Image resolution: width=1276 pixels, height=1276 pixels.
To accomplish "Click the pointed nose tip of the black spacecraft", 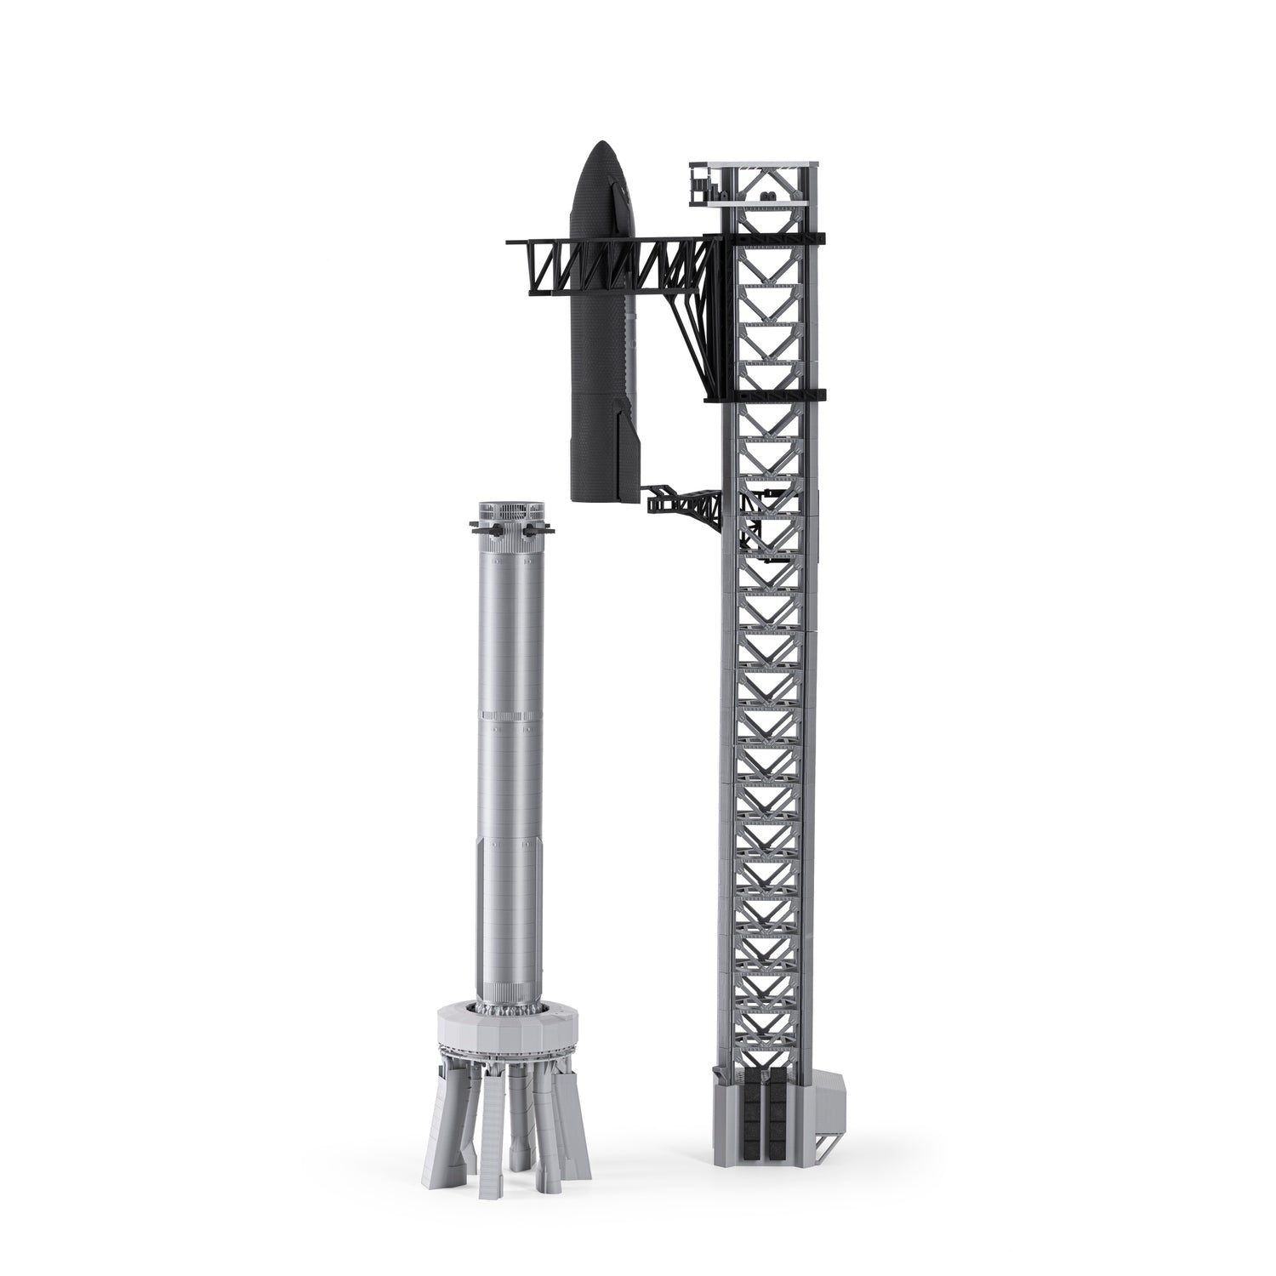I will click(601, 143).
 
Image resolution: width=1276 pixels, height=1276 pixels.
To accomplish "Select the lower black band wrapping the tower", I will click(766, 395).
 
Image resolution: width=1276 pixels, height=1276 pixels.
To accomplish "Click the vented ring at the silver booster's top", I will click(509, 513).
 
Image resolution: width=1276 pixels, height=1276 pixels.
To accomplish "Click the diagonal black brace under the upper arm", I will click(689, 323).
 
